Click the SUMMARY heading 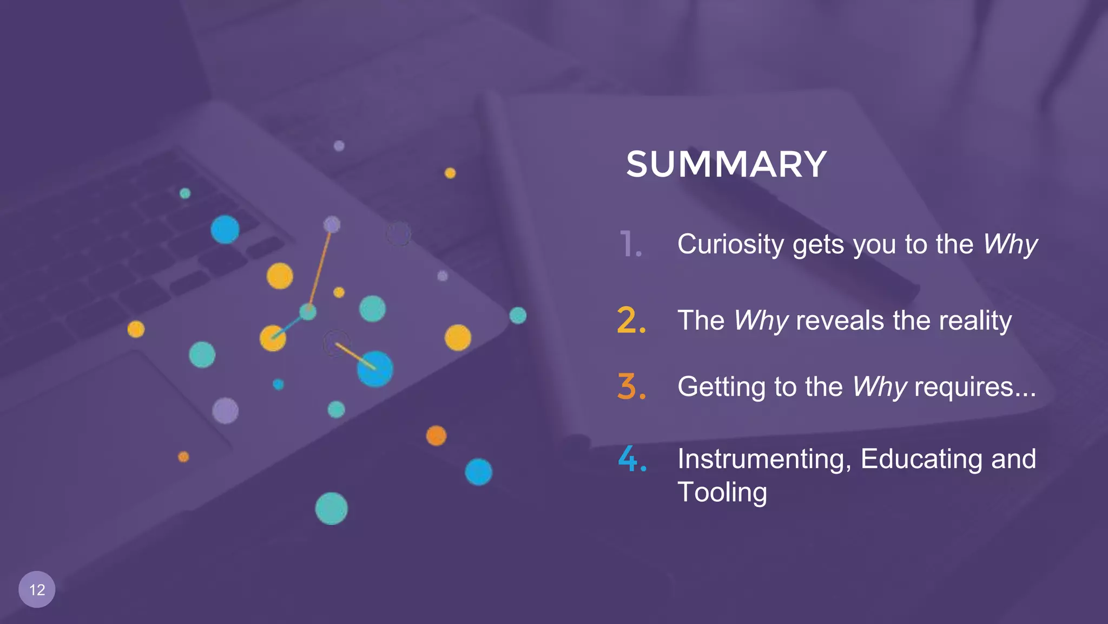(726, 164)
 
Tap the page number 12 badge (37, 589)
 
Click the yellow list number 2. (631, 320)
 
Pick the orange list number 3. (631, 387)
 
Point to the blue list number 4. (632, 459)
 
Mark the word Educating (921, 459)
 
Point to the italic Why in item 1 (1010, 245)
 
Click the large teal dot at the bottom (331, 509)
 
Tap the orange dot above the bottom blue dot (436, 435)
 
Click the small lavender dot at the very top (339, 146)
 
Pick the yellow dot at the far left (136, 329)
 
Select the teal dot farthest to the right (518, 315)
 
